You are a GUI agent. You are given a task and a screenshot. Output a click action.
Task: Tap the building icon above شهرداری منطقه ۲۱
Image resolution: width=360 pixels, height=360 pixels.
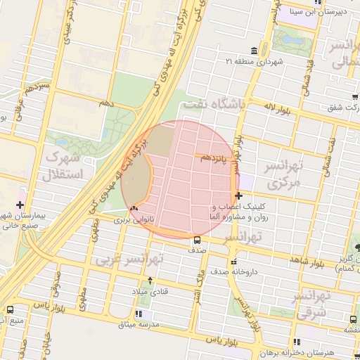pos(253,51)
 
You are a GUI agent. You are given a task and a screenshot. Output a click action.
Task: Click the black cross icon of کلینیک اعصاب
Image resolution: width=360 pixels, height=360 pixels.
pos(239,195)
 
